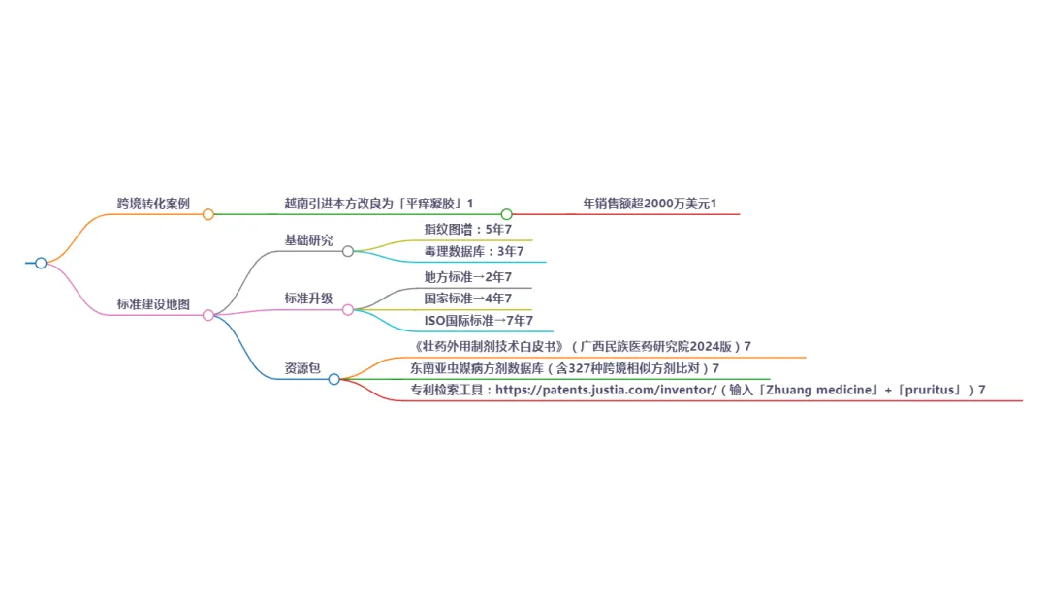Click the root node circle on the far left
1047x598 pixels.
point(41,263)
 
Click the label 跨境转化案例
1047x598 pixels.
point(153,204)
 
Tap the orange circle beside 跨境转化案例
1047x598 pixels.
point(208,214)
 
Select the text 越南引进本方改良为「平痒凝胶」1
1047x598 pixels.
point(372,204)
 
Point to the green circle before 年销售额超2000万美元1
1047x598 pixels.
point(506,214)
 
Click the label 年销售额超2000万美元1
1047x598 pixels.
point(650,204)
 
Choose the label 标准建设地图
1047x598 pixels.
point(153,304)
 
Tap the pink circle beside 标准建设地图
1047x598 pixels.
point(208,315)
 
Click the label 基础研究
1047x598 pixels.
point(308,240)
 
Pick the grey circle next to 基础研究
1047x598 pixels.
point(348,251)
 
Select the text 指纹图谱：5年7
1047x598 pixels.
point(467,230)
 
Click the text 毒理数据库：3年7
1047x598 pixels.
point(473,251)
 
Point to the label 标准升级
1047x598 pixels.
point(308,299)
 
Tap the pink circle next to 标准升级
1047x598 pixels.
point(348,309)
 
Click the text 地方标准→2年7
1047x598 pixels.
point(467,277)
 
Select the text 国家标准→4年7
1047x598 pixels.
point(467,299)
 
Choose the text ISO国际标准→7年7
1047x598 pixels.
point(478,320)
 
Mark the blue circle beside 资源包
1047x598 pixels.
point(334,379)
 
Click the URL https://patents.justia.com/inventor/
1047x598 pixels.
point(606,390)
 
